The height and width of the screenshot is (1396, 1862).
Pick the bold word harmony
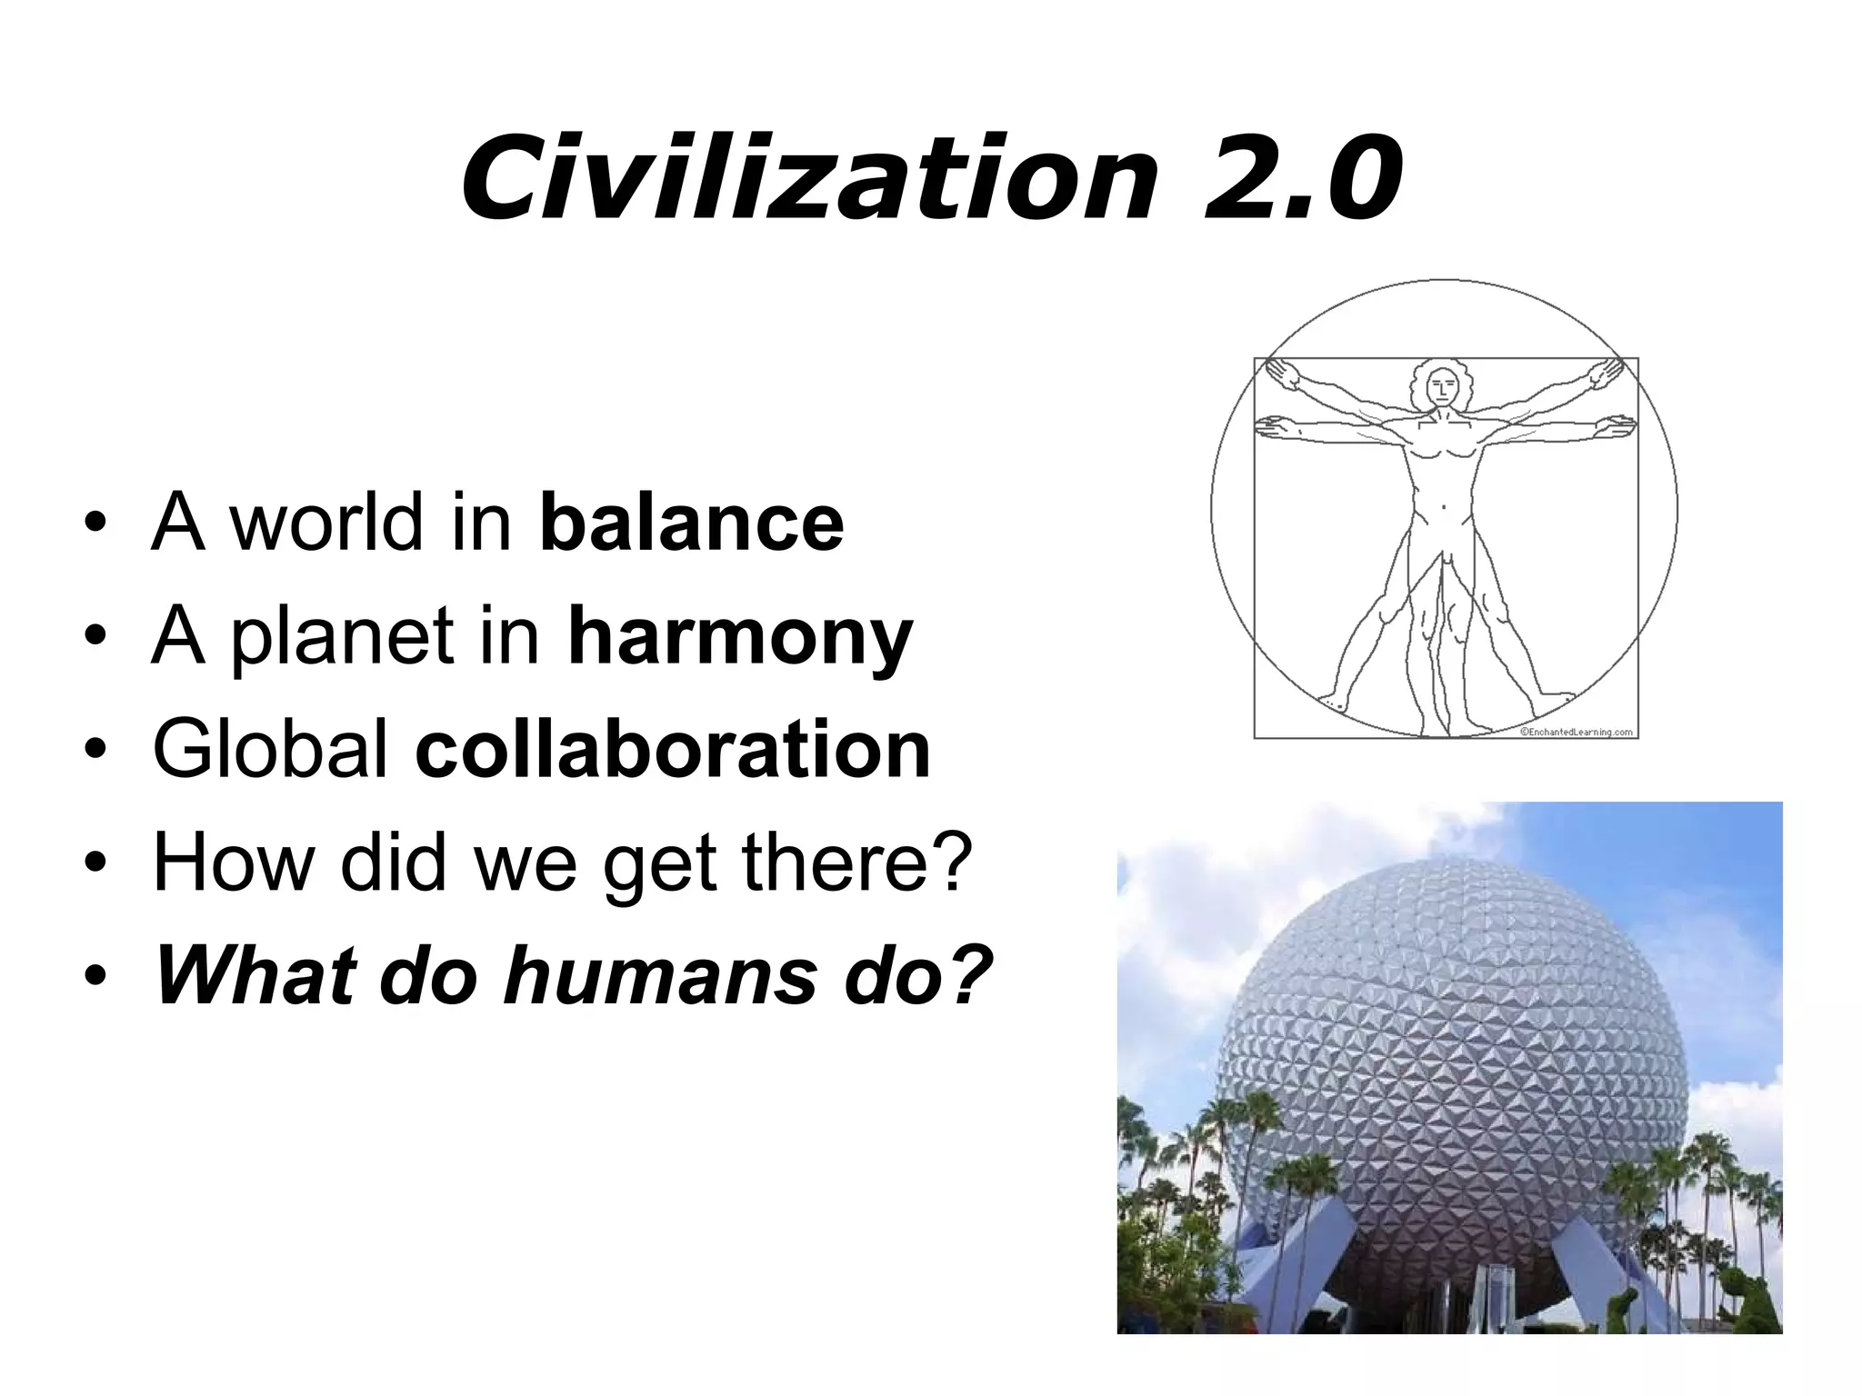pos(739,636)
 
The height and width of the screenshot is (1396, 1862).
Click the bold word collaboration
pos(673,749)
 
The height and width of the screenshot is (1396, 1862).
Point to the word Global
pos(271,749)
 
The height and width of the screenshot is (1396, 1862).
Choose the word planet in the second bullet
pos(342,638)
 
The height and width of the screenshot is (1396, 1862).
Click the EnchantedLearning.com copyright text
pos(1576,732)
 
